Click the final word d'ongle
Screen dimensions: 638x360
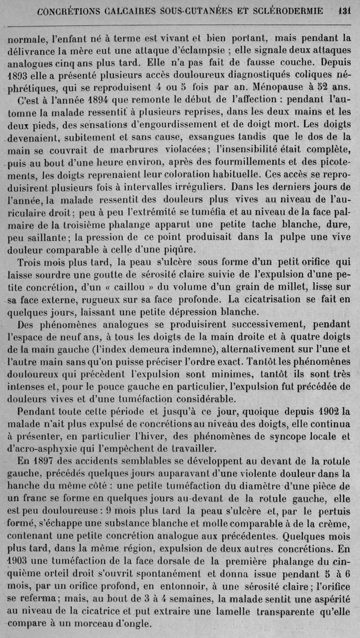point(128,624)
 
